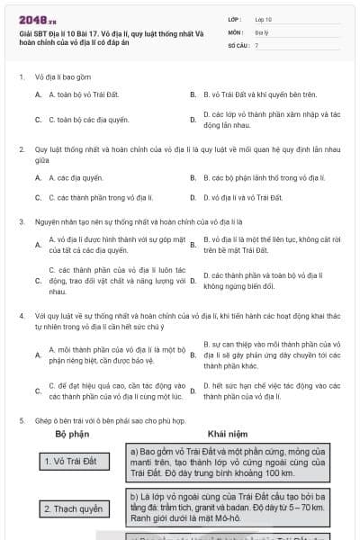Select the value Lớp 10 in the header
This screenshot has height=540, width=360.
pos(264,17)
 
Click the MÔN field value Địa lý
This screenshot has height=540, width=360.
pos(262,31)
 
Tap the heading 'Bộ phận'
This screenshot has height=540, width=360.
pos(72,434)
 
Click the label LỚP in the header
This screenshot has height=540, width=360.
pos(235,17)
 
